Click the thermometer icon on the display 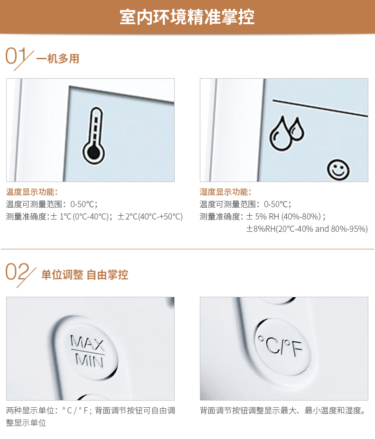point(94,136)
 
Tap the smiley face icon point(338,170)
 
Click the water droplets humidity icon point(286,133)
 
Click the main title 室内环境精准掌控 point(187,17)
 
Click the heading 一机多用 point(58,59)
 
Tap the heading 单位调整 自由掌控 point(84,274)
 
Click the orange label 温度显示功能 point(32,192)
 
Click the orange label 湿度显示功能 point(225,192)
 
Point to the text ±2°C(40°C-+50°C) point(150,217)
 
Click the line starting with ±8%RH point(307,229)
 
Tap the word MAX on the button point(87,342)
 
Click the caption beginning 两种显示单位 point(91,417)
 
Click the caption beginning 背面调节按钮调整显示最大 point(283,411)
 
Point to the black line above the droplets point(320,108)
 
